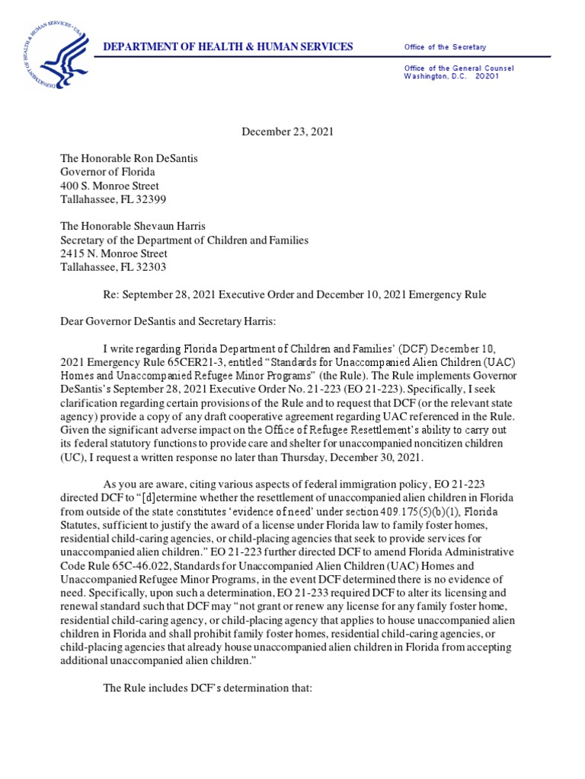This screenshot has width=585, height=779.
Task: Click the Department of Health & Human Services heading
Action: [229, 47]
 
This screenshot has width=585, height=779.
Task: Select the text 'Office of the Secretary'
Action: [445, 47]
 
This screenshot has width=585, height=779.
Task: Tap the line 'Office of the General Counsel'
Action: [459, 68]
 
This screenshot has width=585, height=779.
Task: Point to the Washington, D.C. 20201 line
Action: [452, 77]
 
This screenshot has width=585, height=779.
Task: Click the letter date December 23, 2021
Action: [288, 132]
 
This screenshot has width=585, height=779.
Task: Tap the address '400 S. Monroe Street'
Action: [110, 186]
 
